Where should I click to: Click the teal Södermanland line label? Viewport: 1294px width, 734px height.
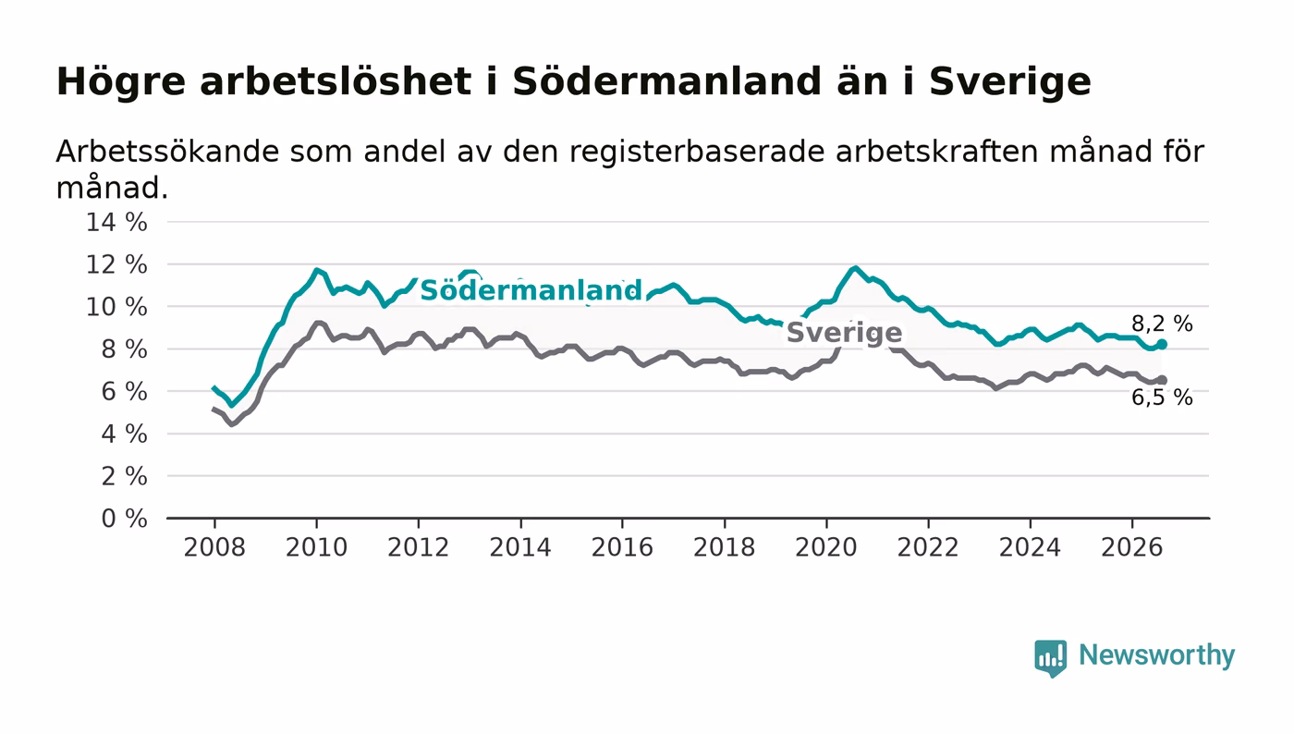tap(531, 289)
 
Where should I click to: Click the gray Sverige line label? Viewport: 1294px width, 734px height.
tap(844, 332)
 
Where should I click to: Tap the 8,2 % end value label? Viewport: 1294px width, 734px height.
tap(1162, 324)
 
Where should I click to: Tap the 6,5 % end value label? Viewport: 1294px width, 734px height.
tap(1162, 398)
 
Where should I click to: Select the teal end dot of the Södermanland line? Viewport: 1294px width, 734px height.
tap(1162, 344)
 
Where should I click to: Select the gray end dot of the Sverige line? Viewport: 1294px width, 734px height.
tap(1162, 380)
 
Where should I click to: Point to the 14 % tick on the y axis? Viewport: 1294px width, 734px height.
tap(116, 222)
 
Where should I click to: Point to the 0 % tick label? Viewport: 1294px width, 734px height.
tap(124, 519)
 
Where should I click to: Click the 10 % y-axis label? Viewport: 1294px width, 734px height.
tap(116, 307)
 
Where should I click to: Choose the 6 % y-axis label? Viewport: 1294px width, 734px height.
tap(124, 391)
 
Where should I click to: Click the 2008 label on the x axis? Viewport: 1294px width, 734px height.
tap(214, 547)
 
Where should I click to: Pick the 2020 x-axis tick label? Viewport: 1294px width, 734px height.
tap(826, 547)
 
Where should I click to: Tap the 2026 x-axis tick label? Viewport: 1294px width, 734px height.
tap(1131, 547)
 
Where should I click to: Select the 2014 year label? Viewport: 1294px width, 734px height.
tap(520, 547)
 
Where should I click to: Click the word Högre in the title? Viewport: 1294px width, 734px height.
tap(121, 82)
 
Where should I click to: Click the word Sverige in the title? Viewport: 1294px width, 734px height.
tap(1009, 82)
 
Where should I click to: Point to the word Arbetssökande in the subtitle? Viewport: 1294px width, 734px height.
tap(165, 152)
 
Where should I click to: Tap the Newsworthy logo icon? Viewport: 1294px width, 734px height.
tap(1050, 658)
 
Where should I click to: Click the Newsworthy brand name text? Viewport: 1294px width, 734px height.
tap(1157, 655)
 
